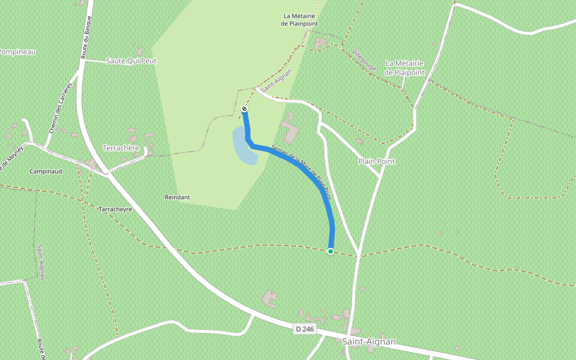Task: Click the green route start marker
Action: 330,251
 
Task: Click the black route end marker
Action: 244,109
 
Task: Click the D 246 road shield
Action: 305,329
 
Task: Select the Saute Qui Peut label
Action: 131,61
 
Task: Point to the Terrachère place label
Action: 121,148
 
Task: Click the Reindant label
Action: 177,197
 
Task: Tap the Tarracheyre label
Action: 115,209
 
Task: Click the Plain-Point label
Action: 376,161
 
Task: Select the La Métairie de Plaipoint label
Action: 404,68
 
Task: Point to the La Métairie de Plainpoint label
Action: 299,20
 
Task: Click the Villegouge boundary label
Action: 364,60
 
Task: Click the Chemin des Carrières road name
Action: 61,107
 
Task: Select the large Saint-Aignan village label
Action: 369,341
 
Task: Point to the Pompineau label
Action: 17,52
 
